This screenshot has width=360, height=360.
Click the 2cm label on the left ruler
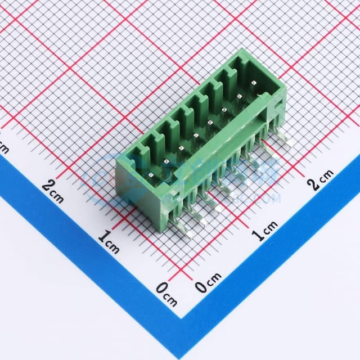click(x=52, y=190)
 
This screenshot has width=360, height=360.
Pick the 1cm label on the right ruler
click(x=264, y=231)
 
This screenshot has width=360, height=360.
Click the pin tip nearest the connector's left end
click(x=152, y=178)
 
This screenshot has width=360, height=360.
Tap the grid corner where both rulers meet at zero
click(x=181, y=276)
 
